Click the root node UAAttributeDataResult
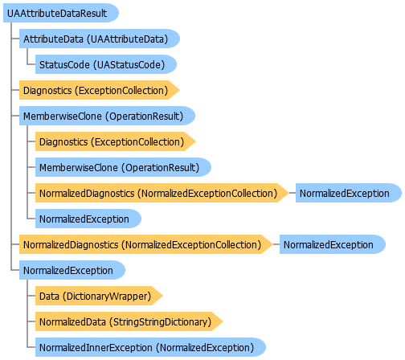click(61, 13)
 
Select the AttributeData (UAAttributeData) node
click(100, 39)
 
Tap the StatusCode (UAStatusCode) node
click(106, 64)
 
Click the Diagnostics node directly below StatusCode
click(100, 90)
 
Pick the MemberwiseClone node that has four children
click(107, 116)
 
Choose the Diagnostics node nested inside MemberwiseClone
click(116, 141)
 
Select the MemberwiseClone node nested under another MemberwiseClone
click(123, 167)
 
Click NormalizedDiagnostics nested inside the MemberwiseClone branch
click(162, 193)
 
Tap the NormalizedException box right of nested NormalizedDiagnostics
click(349, 193)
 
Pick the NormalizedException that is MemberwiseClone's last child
click(88, 219)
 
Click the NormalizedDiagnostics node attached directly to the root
click(146, 244)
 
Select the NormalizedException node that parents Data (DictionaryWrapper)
click(72, 270)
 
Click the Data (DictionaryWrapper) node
click(99, 296)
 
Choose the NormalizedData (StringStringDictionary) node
click(129, 321)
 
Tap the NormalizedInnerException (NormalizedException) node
click(150, 347)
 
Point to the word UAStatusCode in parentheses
click(129, 65)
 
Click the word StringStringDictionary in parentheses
click(160, 322)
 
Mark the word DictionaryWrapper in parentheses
click(107, 297)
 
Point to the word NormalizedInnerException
click(96, 348)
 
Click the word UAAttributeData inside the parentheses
click(127, 39)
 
